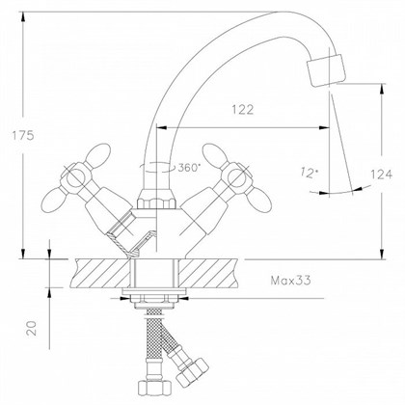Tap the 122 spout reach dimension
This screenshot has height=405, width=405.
tap(243, 110)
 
